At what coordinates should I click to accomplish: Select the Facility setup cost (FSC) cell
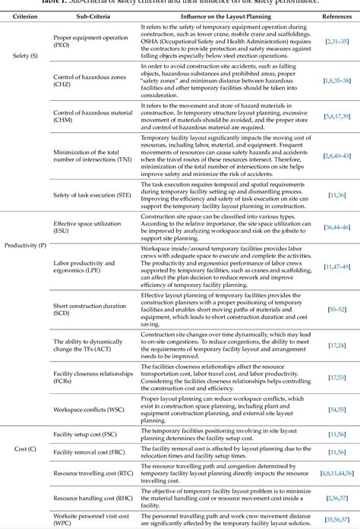coord(85,433)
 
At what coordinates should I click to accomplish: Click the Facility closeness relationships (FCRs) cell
coord(86,376)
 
